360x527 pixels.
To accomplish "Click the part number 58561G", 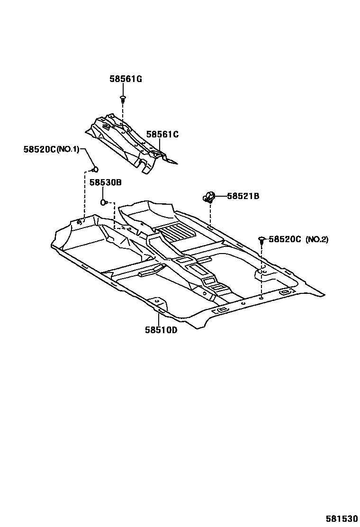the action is [x=126, y=79].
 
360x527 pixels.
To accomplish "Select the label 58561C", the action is [x=162, y=135].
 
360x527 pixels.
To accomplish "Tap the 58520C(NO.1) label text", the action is [x=51, y=149].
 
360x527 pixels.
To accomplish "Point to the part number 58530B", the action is [x=106, y=182].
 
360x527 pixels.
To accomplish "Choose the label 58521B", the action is [x=243, y=196].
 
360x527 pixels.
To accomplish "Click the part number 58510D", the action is [x=161, y=330].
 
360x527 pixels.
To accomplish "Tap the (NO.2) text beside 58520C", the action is [x=316, y=239].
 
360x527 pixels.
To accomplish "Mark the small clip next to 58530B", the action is [x=103, y=203].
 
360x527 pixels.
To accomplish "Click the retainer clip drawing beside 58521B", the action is [x=209, y=196].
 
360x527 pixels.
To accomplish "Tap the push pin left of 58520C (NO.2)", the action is [x=261, y=240].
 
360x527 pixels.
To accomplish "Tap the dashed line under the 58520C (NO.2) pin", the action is [x=261, y=270].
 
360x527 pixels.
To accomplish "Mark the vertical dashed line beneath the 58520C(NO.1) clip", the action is [x=85, y=194].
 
